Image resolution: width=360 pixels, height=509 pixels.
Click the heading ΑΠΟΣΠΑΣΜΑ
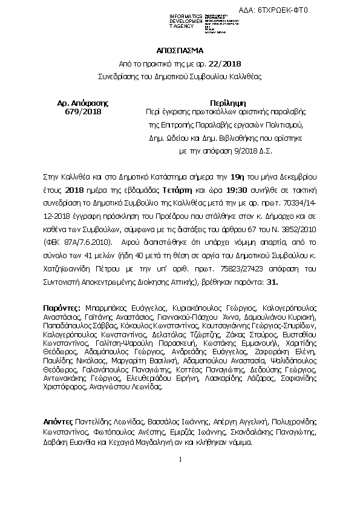180,51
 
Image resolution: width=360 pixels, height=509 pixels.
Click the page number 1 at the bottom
181,460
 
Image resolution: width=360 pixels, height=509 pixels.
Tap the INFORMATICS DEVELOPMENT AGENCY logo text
170,21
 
